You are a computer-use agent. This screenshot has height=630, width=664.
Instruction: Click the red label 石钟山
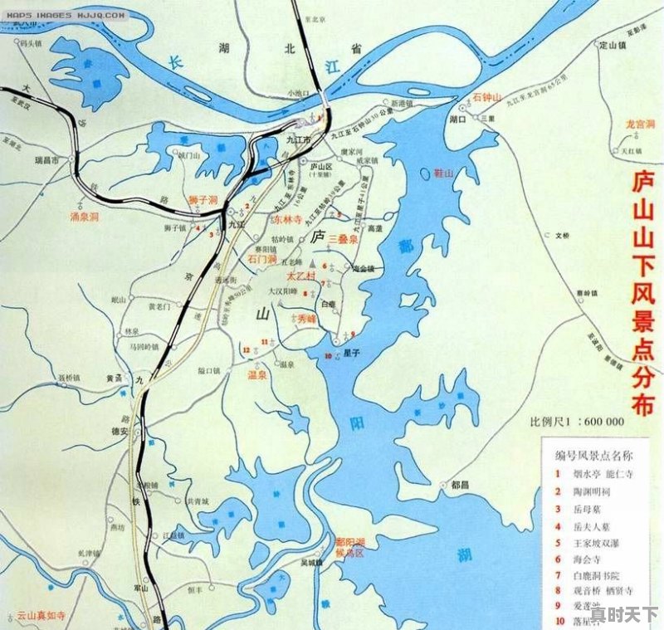coord(487,98)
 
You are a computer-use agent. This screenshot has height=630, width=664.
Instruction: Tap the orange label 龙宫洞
coord(640,125)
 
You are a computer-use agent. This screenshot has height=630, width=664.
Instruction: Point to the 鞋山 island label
coord(445,173)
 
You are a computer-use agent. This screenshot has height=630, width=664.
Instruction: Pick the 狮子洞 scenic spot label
coord(203,201)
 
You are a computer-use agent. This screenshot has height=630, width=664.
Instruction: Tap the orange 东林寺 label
coord(288,219)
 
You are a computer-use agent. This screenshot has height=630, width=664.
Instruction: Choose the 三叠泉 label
coord(343,239)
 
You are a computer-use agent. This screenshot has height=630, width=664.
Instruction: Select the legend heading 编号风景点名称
coord(593,455)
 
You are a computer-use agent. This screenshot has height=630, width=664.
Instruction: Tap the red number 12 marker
coord(247,350)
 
